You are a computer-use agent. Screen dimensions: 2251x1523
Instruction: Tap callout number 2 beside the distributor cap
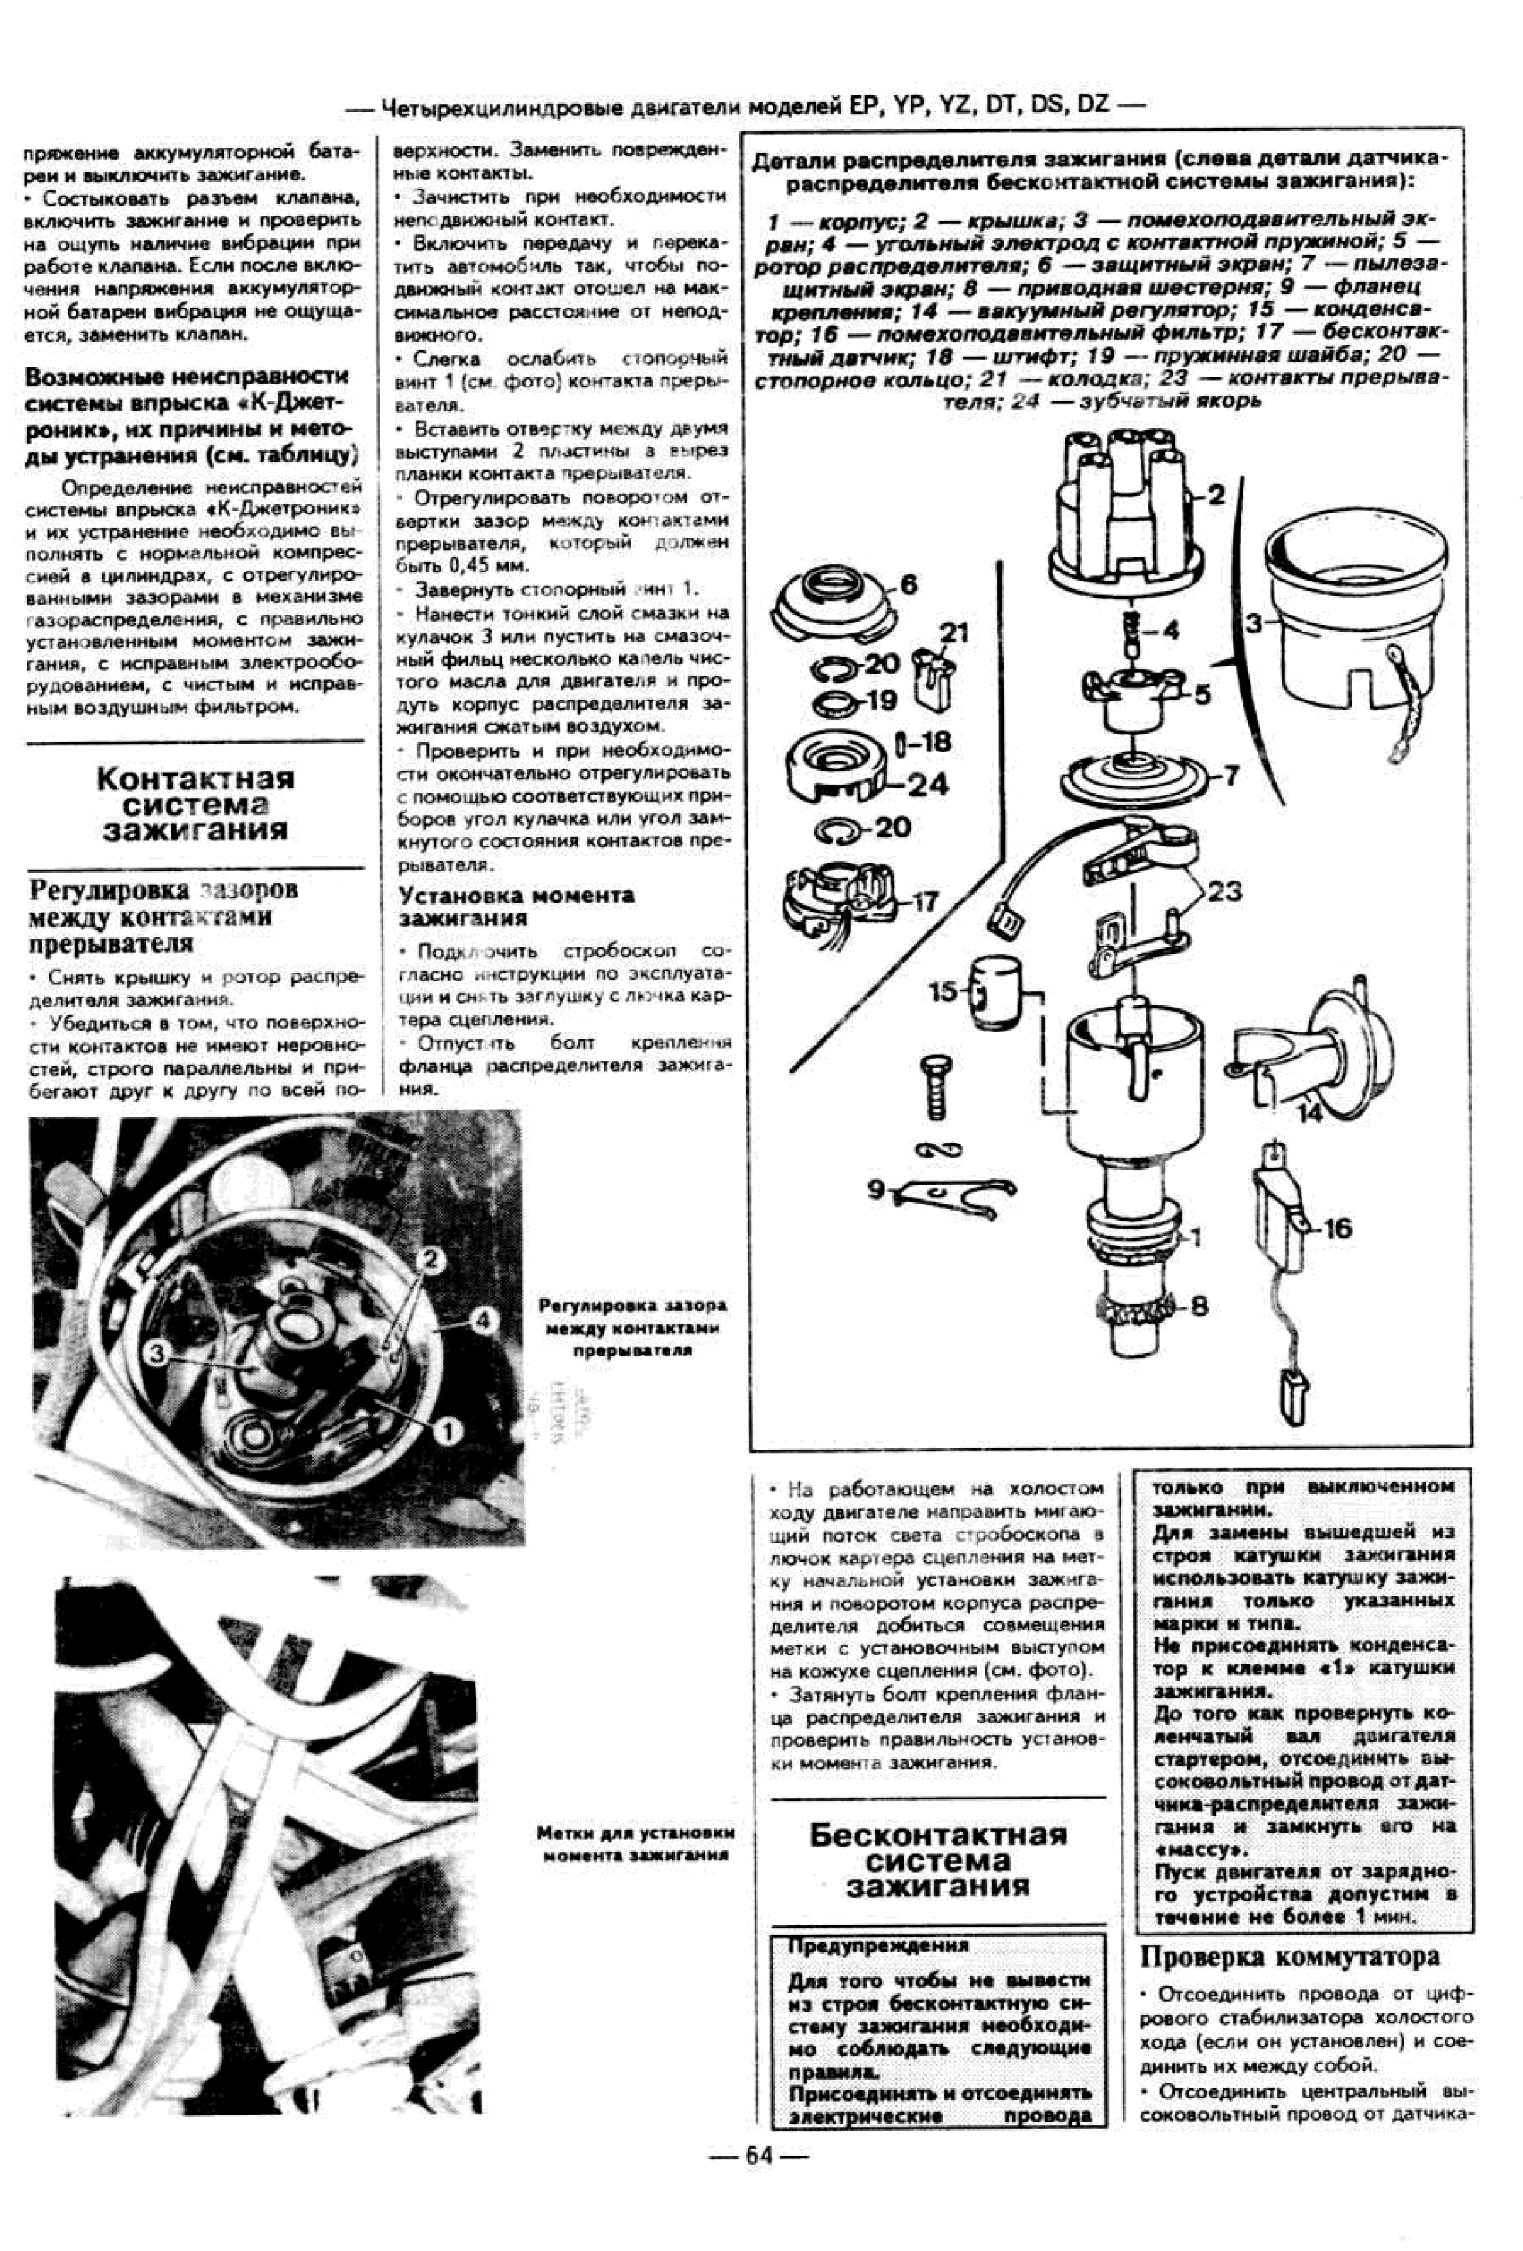(1216, 495)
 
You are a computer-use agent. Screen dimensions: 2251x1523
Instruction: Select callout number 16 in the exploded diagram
(1337, 1229)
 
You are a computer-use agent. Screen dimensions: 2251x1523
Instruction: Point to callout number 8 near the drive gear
(1200, 1306)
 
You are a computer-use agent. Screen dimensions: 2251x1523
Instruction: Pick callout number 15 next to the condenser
(942, 992)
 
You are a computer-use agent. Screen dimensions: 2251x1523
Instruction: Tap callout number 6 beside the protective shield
(908, 584)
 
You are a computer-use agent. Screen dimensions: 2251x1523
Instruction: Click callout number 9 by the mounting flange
(875, 1188)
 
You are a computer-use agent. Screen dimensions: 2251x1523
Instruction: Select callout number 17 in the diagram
(926, 902)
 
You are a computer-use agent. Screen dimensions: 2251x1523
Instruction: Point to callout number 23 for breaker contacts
(1225, 891)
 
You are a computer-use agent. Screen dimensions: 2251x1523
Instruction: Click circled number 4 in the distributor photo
(483, 1320)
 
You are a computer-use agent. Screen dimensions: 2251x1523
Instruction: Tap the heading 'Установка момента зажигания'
(516, 906)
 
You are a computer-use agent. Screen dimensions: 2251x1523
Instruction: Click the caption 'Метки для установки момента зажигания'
(635, 1843)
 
